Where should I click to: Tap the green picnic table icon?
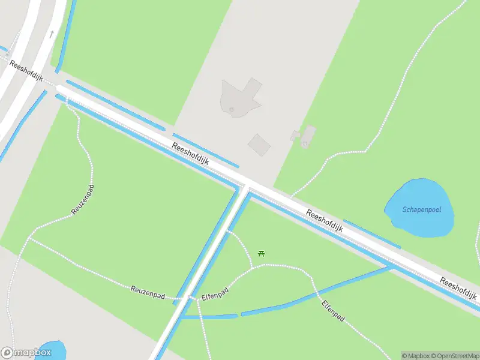(261, 253)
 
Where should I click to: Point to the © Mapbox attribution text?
(415, 356)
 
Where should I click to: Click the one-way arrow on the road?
(52, 34)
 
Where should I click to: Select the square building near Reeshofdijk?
(259, 144)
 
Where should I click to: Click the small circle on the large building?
(231, 109)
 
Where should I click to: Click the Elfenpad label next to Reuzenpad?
(215, 294)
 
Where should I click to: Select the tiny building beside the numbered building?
(295, 136)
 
